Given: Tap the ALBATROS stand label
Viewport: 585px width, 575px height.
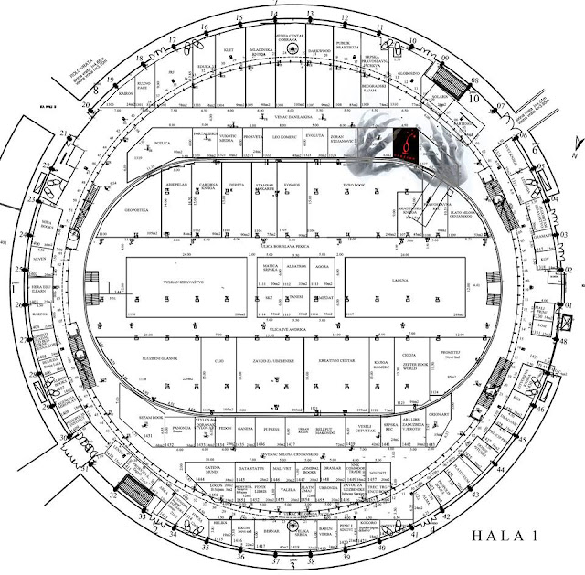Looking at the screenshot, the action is (295, 263).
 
